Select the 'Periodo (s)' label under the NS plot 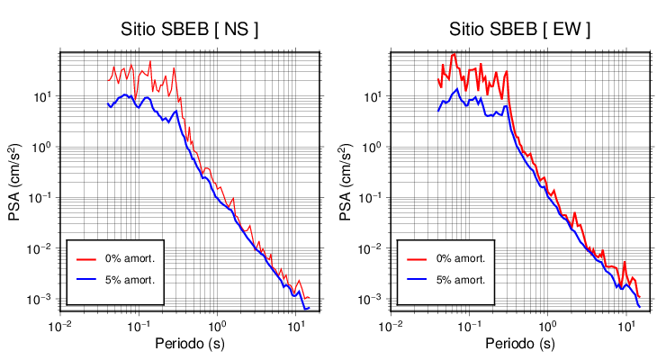(x=190, y=344)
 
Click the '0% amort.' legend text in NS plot (x=131, y=258)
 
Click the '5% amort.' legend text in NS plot (x=131, y=279)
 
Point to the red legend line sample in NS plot (x=86, y=258)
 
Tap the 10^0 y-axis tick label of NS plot (x=45, y=147)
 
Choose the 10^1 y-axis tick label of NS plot (x=45, y=96)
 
